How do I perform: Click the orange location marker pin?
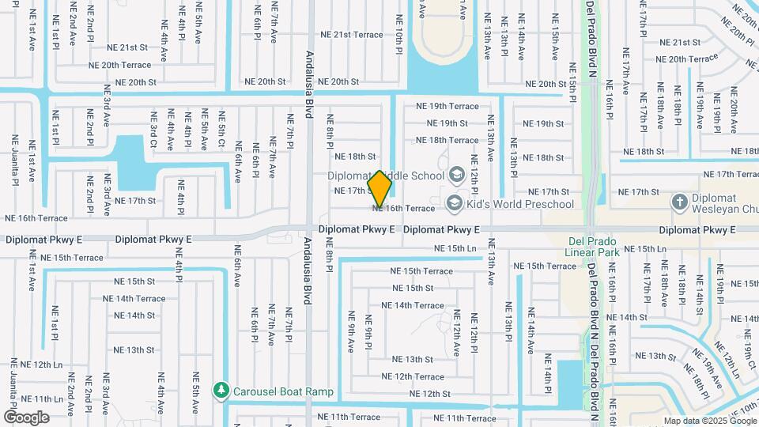(x=380, y=189)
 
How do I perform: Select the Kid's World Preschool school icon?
(x=455, y=205)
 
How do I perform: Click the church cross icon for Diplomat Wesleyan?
(x=679, y=203)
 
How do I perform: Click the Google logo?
(x=26, y=418)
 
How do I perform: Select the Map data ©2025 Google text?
(x=709, y=421)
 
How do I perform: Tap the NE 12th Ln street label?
(x=36, y=365)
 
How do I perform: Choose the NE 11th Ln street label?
(x=36, y=399)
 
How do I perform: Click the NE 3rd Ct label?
(x=154, y=130)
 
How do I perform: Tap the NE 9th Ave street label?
(x=350, y=332)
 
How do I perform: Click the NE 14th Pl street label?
(x=547, y=373)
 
